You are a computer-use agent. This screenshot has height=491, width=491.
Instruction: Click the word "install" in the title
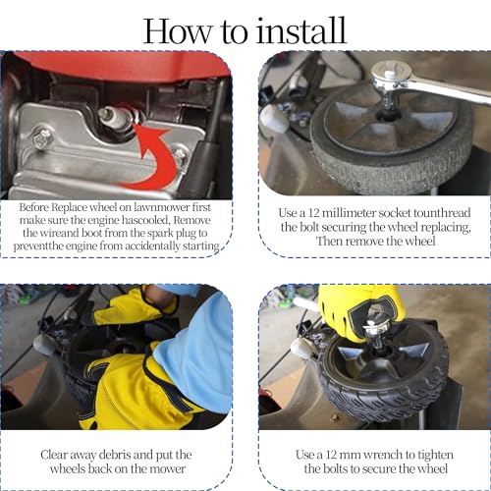pyautogui.click(x=300, y=30)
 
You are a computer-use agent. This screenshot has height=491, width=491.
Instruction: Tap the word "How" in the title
pyautogui.click(x=177, y=31)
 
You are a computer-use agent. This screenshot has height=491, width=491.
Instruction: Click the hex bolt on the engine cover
pyautogui.click(x=43, y=138)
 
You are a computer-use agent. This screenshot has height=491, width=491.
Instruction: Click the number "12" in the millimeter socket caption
pyautogui.click(x=313, y=213)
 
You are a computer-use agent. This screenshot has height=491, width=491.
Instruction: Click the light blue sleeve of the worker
pyautogui.click(x=195, y=354)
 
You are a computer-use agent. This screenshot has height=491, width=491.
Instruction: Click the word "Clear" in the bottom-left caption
pyautogui.click(x=54, y=455)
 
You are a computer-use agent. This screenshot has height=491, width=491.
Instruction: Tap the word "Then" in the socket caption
pyautogui.click(x=329, y=242)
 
